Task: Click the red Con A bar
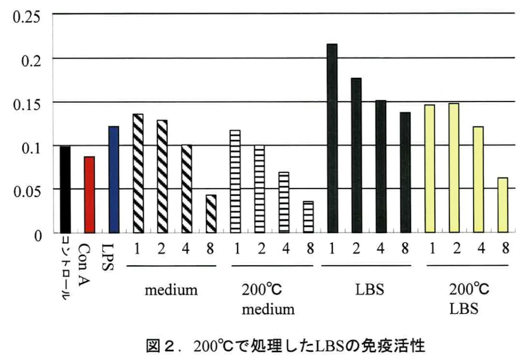(x=89, y=194)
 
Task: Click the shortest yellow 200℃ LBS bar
(x=503, y=205)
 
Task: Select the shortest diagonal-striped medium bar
(x=211, y=213)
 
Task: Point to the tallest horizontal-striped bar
(x=235, y=181)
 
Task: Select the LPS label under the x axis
(x=108, y=257)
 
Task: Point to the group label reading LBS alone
(x=370, y=290)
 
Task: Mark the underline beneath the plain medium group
(x=171, y=266)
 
